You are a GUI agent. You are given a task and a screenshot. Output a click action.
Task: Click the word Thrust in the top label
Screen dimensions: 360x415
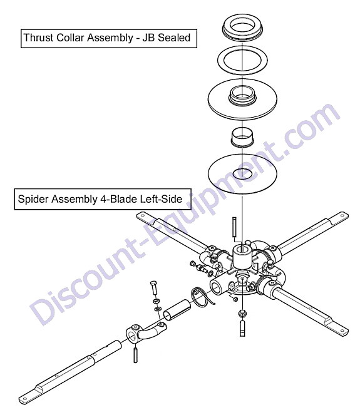39,38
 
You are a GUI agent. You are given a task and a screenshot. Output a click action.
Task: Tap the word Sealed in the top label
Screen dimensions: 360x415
174,38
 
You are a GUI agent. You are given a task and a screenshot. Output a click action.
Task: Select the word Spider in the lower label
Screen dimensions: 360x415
33,199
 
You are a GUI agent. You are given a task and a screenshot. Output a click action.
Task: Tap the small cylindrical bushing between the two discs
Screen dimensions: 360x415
242,137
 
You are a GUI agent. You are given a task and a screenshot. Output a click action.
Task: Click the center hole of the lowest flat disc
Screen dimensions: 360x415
242,173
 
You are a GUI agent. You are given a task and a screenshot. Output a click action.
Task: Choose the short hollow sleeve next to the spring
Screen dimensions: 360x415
177,309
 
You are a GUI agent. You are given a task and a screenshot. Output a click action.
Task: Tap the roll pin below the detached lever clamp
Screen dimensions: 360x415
135,356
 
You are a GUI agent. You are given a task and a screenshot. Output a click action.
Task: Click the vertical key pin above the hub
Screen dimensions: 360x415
234,227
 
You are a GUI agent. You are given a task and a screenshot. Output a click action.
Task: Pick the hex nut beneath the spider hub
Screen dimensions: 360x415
242,314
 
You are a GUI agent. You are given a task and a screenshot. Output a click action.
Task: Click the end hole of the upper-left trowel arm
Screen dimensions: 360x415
143,215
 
